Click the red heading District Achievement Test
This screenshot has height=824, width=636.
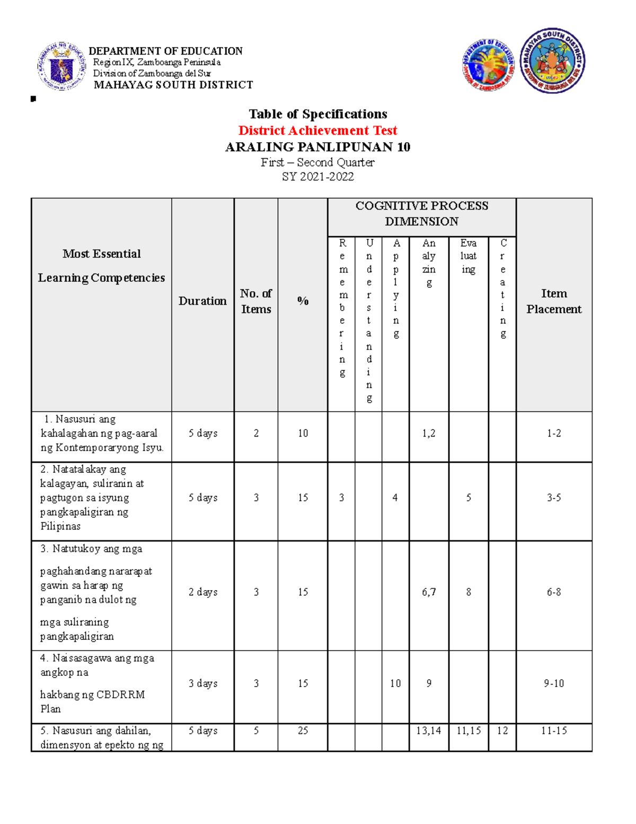point(317,131)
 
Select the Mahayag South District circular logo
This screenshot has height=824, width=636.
point(552,61)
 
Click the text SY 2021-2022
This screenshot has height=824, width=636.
point(317,177)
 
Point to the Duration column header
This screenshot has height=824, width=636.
point(202,301)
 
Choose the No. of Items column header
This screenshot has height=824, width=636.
point(256,301)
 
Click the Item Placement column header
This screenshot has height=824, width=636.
point(554,301)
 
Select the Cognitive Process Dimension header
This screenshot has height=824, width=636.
point(421,214)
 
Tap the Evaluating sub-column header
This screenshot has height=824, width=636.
point(469,256)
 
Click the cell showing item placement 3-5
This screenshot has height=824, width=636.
point(554,498)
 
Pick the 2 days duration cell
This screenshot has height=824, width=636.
point(203,592)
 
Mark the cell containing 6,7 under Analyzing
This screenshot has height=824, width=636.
point(429,592)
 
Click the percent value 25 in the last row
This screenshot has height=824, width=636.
point(303,731)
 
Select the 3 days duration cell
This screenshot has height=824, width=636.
point(203,683)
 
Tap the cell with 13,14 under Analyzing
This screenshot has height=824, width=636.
point(428,731)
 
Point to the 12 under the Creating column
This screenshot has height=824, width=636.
point(502,731)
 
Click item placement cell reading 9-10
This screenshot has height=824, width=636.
point(554,683)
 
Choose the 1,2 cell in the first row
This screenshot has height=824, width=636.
point(429,433)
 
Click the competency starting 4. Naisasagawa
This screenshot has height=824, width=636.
point(98,683)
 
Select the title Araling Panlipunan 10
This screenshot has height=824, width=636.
point(317,147)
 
